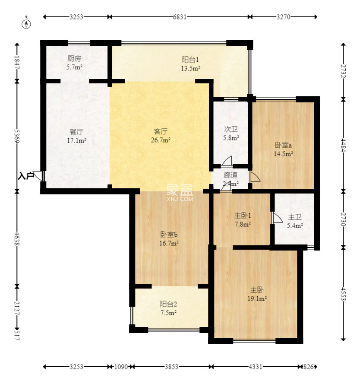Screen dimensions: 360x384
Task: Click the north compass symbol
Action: tap(26, 24)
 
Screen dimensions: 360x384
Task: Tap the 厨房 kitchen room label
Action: tap(74, 59)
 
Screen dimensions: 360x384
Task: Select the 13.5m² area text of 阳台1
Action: tap(191, 68)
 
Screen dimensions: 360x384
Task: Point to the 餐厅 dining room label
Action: tap(76, 132)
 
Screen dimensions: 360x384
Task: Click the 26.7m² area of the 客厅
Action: tap(161, 140)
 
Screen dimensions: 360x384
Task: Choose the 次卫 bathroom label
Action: tap(231, 129)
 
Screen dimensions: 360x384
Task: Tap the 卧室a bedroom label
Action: tap(284, 145)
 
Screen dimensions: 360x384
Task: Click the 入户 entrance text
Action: tap(25, 176)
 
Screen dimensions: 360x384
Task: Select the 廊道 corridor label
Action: tap(231, 175)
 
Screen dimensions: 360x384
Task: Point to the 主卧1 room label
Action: tap(243, 216)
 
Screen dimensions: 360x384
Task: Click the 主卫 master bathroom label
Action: tap(295, 217)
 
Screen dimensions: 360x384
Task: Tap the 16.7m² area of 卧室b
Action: tap(169, 244)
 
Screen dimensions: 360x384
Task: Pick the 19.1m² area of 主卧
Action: tap(257, 298)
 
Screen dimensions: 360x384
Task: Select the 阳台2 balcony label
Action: tap(168, 304)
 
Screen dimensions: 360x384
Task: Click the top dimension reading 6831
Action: tap(180, 17)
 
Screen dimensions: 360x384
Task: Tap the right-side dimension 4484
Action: tap(343, 145)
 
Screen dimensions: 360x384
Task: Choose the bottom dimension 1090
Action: tap(121, 367)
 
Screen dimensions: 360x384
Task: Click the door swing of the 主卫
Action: tap(277, 218)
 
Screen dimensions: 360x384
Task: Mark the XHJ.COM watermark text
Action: tap(180, 199)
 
